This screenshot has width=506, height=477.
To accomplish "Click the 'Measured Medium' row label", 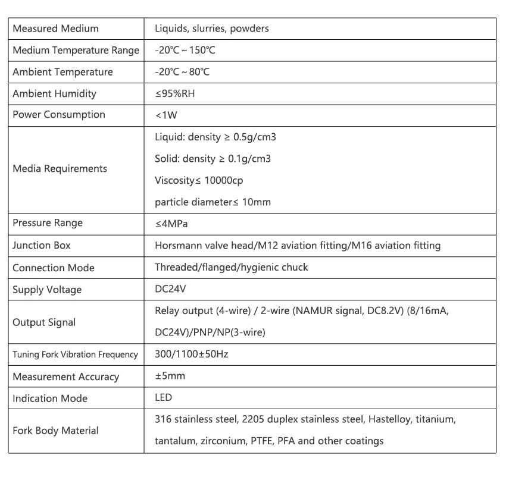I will coord(55,29).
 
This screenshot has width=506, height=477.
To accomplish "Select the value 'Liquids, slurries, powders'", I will coord(211,29).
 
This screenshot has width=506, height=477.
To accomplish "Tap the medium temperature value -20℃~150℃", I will coord(185,51).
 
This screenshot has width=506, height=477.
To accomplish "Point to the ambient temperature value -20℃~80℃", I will coord(182,72).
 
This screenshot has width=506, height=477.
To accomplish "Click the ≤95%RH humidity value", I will coord(175,94).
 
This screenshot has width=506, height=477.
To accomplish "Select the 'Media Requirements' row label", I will coord(60,169).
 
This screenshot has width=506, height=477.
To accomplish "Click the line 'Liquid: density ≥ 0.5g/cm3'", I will coord(215,137).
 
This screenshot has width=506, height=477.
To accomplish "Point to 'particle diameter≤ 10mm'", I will coord(213,202).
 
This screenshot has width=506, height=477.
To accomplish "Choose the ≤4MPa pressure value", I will coord(171,224).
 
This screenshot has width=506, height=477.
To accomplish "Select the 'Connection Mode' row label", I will coord(54,268).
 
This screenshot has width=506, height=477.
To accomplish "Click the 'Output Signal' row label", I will coord(44,322).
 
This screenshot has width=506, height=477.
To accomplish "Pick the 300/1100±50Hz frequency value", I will coord(191,354).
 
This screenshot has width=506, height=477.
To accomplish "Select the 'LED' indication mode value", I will coord(163,398).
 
